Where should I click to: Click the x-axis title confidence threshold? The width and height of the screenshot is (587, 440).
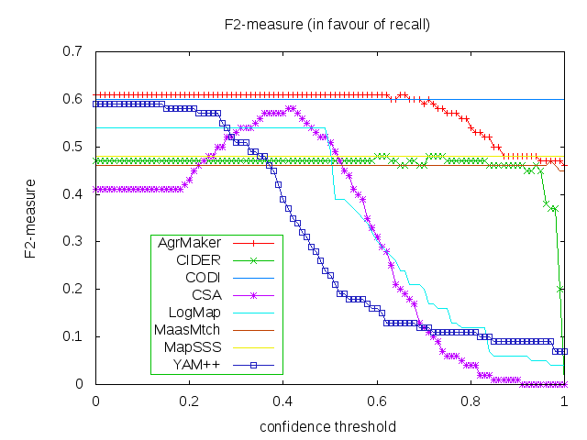[327, 427]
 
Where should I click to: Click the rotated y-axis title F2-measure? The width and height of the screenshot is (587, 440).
[30, 217]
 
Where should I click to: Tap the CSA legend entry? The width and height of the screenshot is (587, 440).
[201, 296]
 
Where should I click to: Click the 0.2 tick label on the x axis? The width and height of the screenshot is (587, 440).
[189, 401]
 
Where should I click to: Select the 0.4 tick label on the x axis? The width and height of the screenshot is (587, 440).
[282, 401]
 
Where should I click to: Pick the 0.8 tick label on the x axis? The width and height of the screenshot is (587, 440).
[471, 401]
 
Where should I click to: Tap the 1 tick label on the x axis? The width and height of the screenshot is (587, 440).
[564, 401]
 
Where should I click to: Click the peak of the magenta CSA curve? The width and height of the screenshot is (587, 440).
[290, 108]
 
